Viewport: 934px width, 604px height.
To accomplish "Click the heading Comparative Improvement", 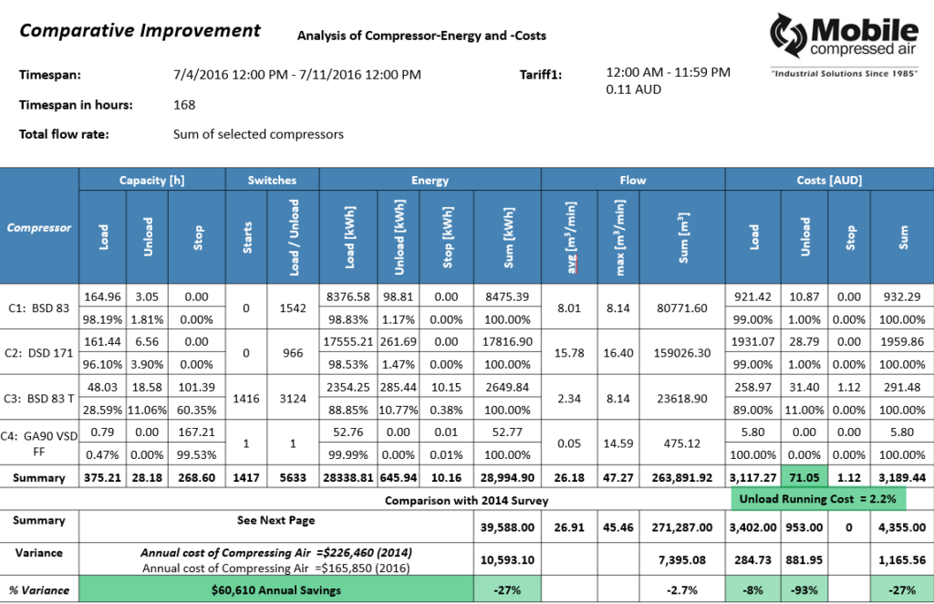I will (140, 31).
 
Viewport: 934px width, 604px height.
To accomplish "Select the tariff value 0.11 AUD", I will (633, 90).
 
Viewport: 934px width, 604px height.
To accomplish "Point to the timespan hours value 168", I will (184, 105).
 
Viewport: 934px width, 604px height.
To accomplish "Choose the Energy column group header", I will (430, 180).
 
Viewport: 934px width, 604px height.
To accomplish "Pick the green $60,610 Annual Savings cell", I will (275, 590).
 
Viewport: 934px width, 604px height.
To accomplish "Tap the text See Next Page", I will (275, 520).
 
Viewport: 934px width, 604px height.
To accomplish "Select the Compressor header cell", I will (39, 227).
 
